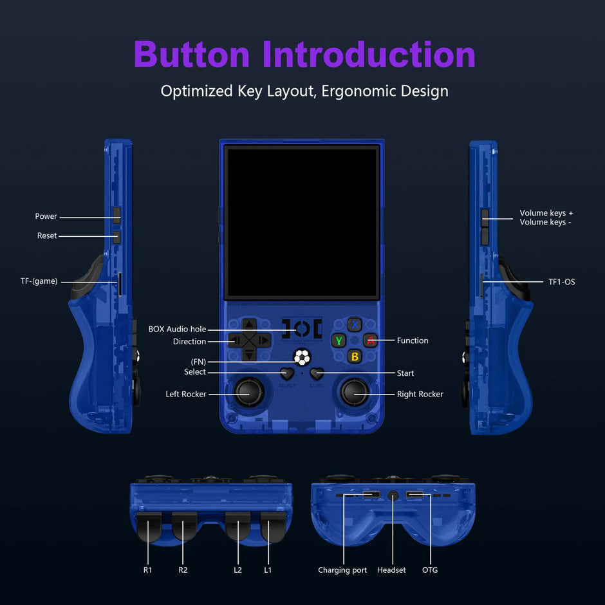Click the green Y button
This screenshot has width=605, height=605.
[x=339, y=340]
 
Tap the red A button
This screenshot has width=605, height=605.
[x=370, y=340]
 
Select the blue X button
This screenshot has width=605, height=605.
[x=355, y=325]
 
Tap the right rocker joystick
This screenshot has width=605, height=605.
[x=354, y=392]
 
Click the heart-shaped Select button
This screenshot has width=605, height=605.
[x=286, y=373]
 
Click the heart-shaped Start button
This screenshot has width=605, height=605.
[x=317, y=373]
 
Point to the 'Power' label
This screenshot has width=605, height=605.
[x=46, y=216]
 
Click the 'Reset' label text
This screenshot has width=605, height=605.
[x=47, y=236]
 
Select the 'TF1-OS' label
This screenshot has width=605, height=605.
[x=561, y=282]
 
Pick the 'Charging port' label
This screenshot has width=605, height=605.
[x=342, y=570]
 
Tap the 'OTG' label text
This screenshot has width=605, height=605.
[x=430, y=570]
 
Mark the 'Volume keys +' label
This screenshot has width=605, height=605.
[x=546, y=213]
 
